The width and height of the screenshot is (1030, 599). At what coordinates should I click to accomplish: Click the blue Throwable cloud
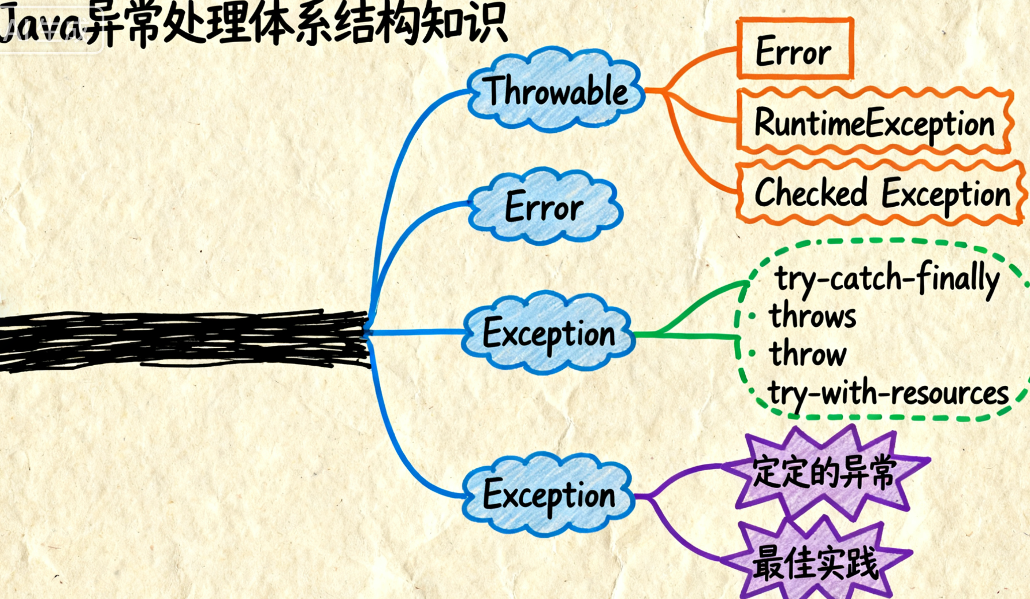(555, 91)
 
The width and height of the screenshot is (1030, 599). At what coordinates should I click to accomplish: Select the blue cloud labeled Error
(544, 207)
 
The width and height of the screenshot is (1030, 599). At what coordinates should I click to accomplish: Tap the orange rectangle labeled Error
(795, 50)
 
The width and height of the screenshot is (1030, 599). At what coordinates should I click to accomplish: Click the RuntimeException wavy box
(875, 123)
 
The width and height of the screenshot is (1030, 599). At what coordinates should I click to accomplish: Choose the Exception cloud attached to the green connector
(549, 333)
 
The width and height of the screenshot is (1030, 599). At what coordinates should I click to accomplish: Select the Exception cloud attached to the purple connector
(549, 495)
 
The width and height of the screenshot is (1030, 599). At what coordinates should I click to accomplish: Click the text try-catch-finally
(887, 278)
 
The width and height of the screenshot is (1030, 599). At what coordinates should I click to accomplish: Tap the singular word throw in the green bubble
(808, 354)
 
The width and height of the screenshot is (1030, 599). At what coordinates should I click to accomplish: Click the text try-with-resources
(888, 393)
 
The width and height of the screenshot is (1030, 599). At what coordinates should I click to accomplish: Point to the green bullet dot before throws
(752, 316)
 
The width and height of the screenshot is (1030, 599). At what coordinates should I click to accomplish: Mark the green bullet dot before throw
(752, 353)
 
